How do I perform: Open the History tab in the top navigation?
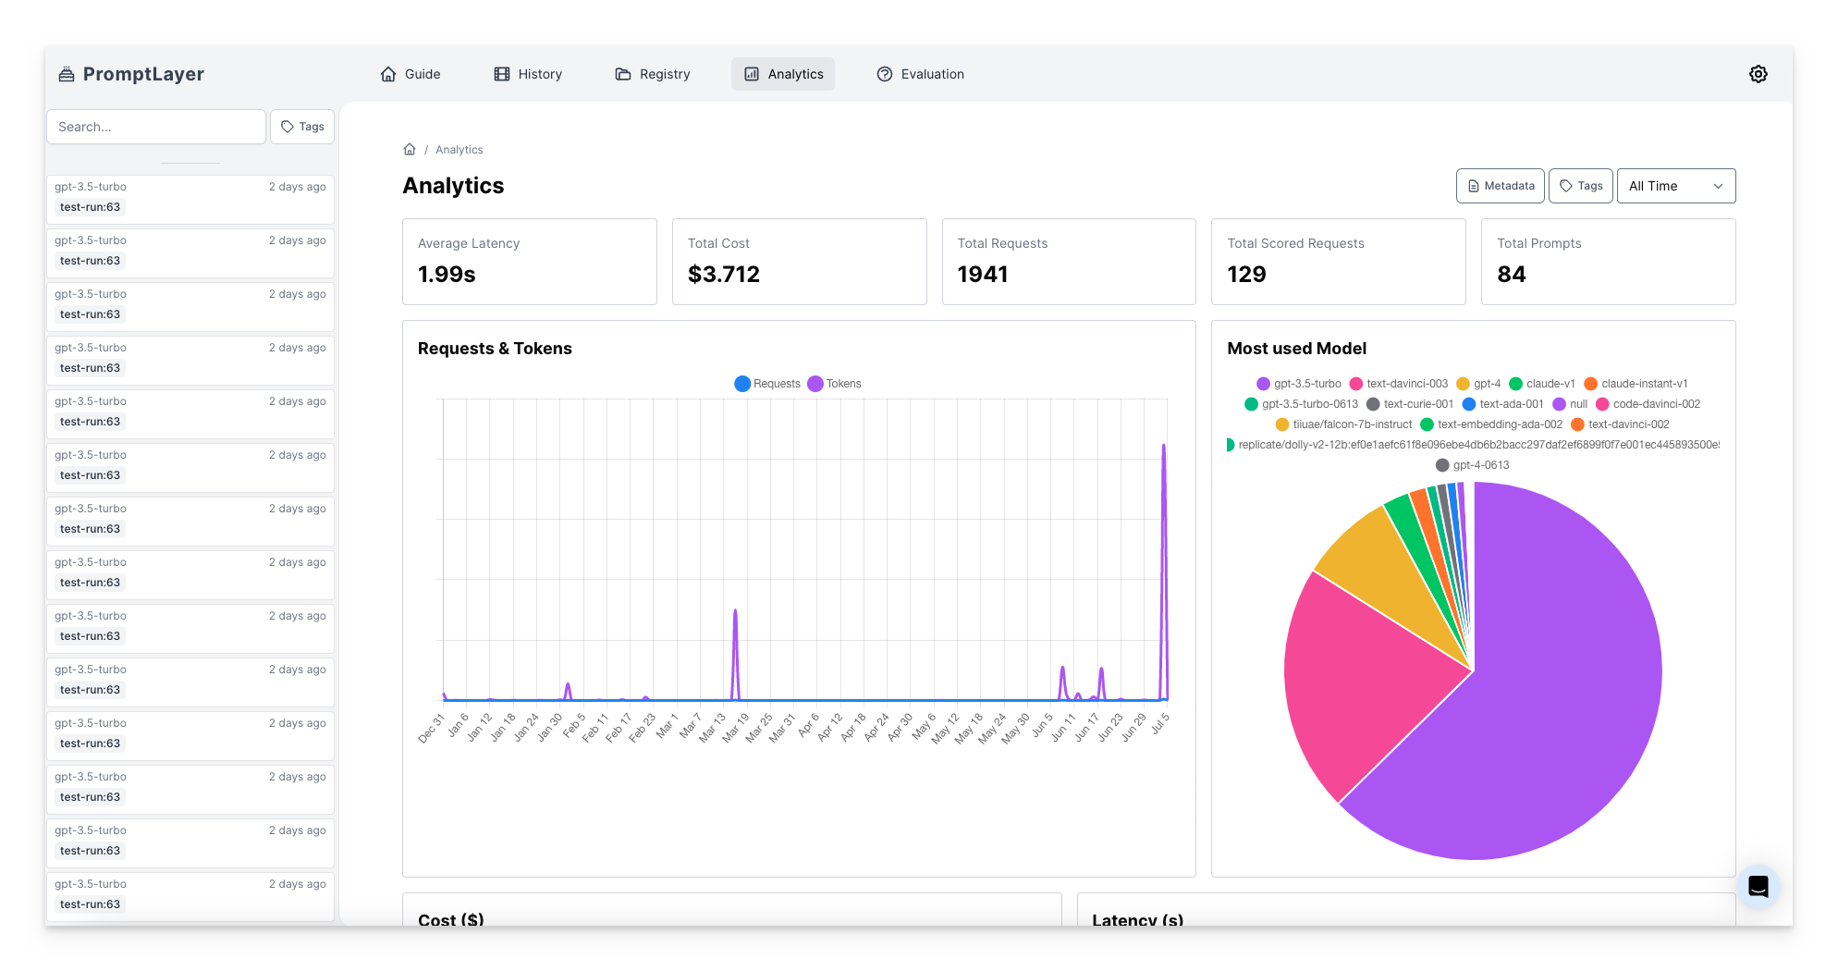(528, 74)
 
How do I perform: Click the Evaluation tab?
(920, 74)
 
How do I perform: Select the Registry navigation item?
(653, 74)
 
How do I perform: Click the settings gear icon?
(1758, 74)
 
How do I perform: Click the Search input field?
(155, 127)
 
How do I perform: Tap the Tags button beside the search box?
(302, 127)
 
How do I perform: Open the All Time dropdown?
(1675, 186)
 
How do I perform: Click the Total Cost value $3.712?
(723, 275)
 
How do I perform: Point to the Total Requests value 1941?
(982, 275)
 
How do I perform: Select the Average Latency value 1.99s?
(447, 275)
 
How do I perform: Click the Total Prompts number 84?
(1511, 275)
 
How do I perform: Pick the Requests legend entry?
(767, 384)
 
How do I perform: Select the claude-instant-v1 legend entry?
(1636, 384)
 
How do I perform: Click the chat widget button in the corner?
(1758, 887)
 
